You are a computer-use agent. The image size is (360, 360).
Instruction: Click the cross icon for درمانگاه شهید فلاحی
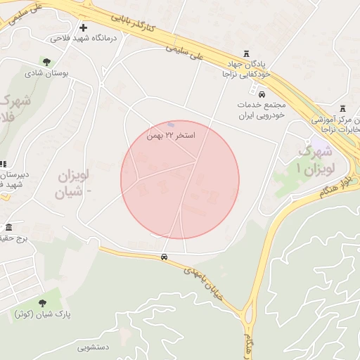(83, 27)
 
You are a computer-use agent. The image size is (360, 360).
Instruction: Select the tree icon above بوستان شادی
(47, 62)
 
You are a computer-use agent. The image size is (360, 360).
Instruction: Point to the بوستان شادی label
(44, 72)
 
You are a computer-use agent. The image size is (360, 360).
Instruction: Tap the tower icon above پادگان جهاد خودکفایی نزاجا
(246, 53)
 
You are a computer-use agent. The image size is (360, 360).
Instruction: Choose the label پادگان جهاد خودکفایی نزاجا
(246, 68)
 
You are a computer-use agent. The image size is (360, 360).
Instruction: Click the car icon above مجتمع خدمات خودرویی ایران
(262, 94)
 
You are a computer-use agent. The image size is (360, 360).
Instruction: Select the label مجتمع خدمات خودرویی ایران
(259, 109)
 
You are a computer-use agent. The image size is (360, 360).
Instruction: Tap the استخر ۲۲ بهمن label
(171, 134)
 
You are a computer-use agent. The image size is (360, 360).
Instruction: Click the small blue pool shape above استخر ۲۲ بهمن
(171, 124)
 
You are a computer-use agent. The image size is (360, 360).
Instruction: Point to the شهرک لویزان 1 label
(314, 158)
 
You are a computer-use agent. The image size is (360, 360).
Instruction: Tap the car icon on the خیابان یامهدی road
(164, 257)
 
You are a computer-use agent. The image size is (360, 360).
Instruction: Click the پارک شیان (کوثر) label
(42, 314)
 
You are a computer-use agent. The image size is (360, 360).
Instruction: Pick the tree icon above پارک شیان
(42, 302)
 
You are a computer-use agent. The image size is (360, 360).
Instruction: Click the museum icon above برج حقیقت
(8, 228)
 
